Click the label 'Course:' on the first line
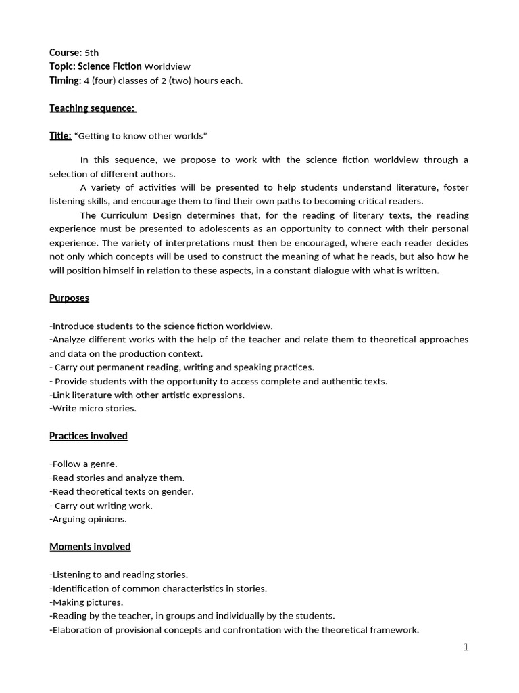pos(66,52)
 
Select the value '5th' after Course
pos(92,52)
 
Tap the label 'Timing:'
pos(65,81)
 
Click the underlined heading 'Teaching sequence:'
pos(93,108)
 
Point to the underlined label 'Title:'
pos(60,136)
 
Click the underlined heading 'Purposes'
pos(69,298)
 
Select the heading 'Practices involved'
pos(89,436)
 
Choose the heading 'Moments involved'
pos(90,546)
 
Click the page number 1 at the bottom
pos(466,647)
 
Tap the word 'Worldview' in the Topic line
pos(168,66)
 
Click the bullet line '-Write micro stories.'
pos(93,408)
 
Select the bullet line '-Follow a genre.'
pos(83,464)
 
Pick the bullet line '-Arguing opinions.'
pos(88,519)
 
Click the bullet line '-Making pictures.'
pos(86,602)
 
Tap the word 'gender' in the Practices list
pos(178,491)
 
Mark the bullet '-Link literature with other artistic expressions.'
pos(147,395)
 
